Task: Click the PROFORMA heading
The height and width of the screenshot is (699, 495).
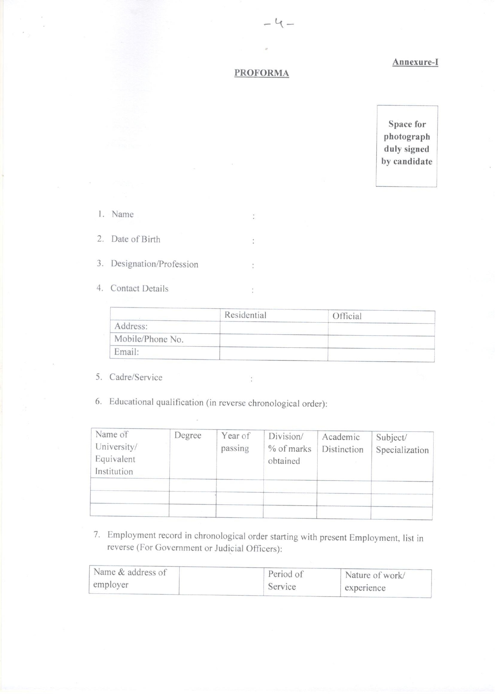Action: coord(261,73)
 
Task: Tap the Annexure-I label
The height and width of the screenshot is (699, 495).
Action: coord(415,62)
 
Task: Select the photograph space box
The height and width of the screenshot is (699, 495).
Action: coord(407,146)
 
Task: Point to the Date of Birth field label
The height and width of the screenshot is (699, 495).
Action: coord(136,239)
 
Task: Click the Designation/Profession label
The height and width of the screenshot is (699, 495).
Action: coord(154,264)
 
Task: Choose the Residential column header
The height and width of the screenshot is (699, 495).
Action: coord(245,315)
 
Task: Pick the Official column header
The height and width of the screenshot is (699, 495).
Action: coord(347,316)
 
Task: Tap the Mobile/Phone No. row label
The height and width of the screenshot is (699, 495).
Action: coord(149,339)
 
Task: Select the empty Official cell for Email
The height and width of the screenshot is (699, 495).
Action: coord(381,354)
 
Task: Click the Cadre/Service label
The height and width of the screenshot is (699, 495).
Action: coord(136,377)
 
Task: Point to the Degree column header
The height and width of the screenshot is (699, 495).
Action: coord(188,435)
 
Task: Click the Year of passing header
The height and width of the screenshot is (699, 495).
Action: coord(235,442)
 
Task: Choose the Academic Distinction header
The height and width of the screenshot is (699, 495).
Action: coord(342,443)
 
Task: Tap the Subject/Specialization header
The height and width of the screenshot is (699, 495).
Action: coord(402,444)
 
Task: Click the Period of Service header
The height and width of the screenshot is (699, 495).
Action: coord(285,580)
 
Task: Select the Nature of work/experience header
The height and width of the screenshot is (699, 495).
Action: coord(375,582)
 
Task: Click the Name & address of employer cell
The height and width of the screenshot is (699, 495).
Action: coord(130,578)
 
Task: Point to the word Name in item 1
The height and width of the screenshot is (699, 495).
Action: coord(122,214)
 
